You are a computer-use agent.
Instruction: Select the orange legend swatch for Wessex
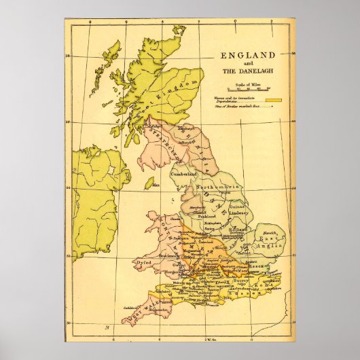point(274,100)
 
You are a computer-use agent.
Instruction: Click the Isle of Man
point(149,184)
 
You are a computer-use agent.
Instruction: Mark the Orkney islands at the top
point(179,30)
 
